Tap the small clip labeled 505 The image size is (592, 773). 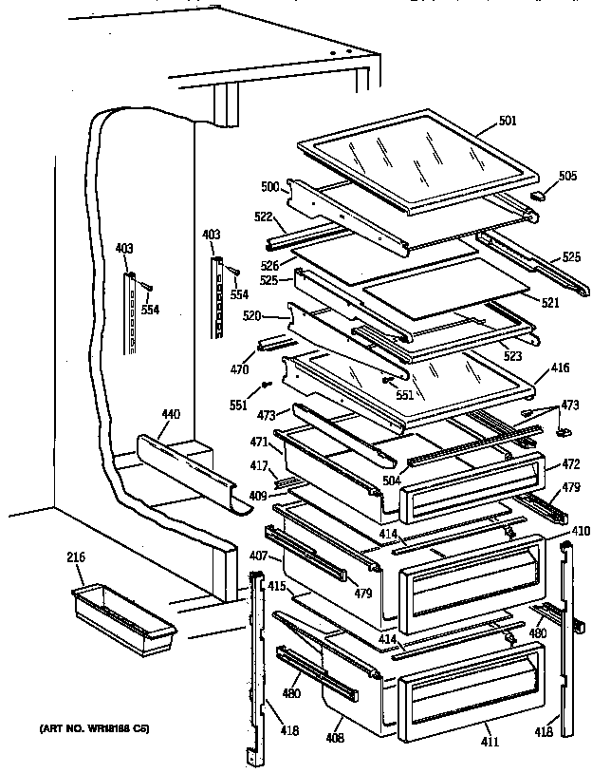(539, 198)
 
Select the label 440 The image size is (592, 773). (170, 415)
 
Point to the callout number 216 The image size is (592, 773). (76, 558)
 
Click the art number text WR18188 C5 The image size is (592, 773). (94, 730)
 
